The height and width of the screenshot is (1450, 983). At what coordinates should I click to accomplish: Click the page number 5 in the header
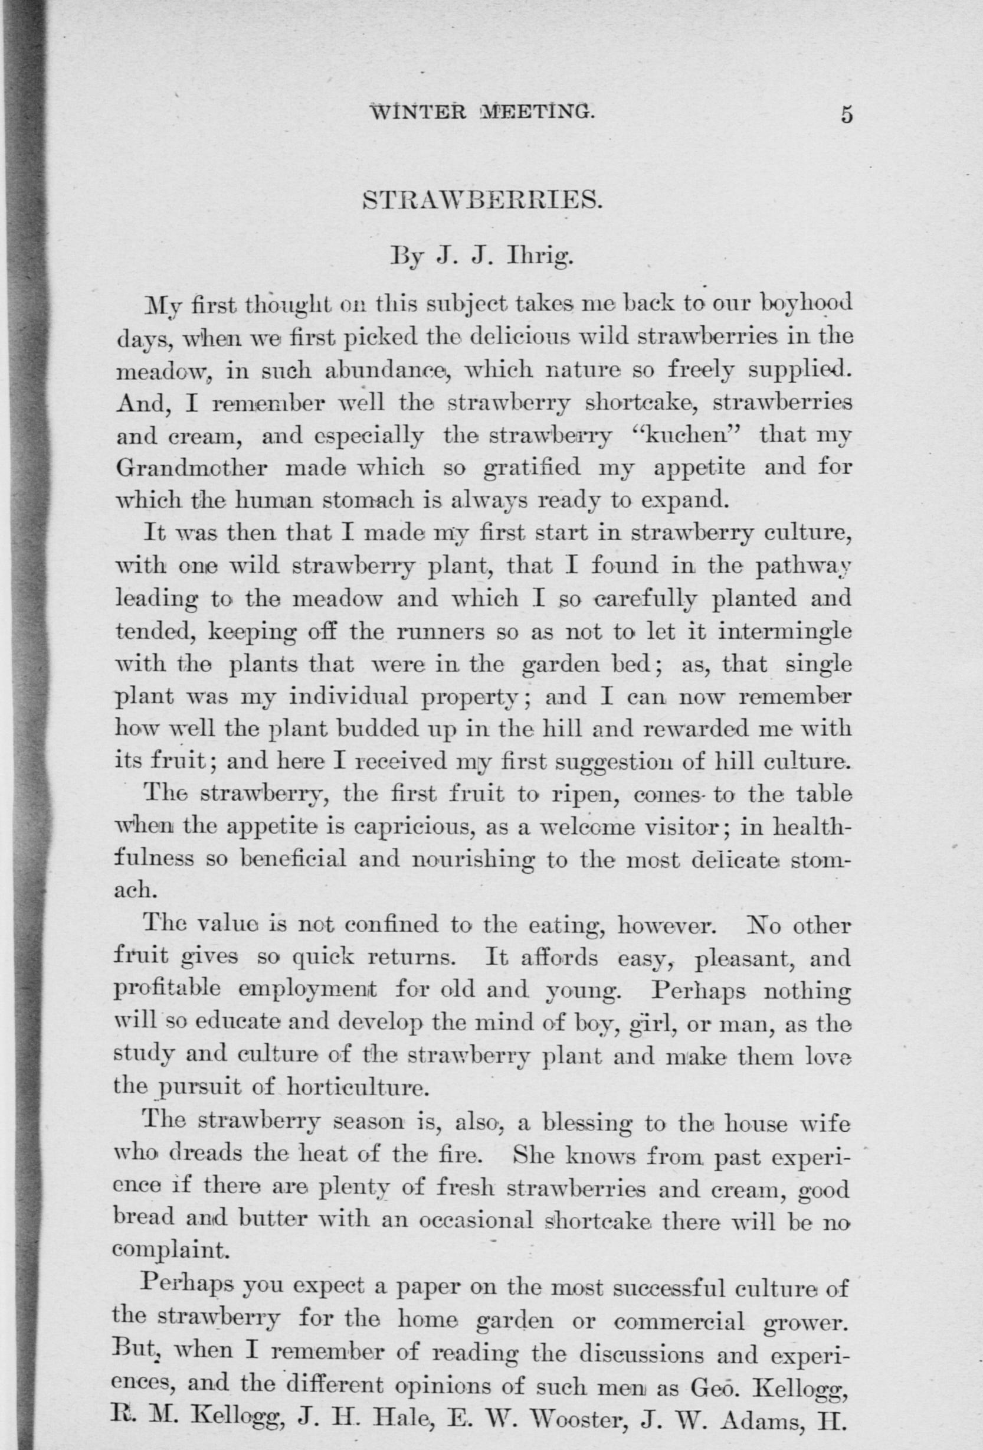pos(846,116)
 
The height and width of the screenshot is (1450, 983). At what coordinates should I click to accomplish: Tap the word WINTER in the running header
pos(418,113)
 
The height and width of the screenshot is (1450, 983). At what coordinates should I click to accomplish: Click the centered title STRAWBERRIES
pos(482,201)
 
